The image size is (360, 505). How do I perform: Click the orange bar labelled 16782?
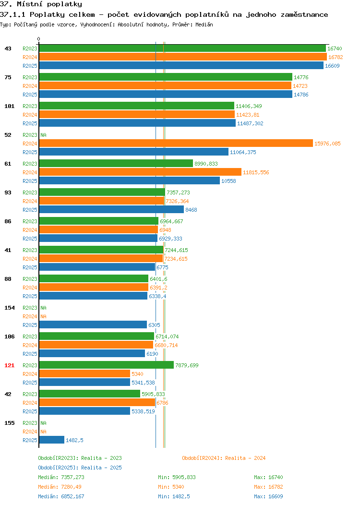tap(183, 57)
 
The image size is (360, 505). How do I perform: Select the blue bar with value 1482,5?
tap(52, 440)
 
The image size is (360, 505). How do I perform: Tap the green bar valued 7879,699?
tap(107, 365)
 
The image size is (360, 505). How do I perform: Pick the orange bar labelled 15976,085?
tap(176, 144)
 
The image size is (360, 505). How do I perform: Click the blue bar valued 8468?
tap(111, 210)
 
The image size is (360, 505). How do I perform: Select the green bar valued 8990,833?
tap(116, 163)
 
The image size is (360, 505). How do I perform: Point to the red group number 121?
tap(9, 365)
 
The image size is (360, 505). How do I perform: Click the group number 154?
tap(9, 308)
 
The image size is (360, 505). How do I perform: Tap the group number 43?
tap(8, 48)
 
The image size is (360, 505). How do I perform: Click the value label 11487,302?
tap(250, 123)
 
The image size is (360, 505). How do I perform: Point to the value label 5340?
tap(137, 374)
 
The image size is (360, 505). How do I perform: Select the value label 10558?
tap(228, 181)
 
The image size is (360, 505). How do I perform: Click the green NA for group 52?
tap(44, 135)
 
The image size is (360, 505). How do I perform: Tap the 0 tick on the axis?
tap(39, 39)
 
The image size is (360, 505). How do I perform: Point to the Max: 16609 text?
tap(268, 496)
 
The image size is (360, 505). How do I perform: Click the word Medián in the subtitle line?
tap(204, 24)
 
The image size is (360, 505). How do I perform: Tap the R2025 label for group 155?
tap(30, 440)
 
